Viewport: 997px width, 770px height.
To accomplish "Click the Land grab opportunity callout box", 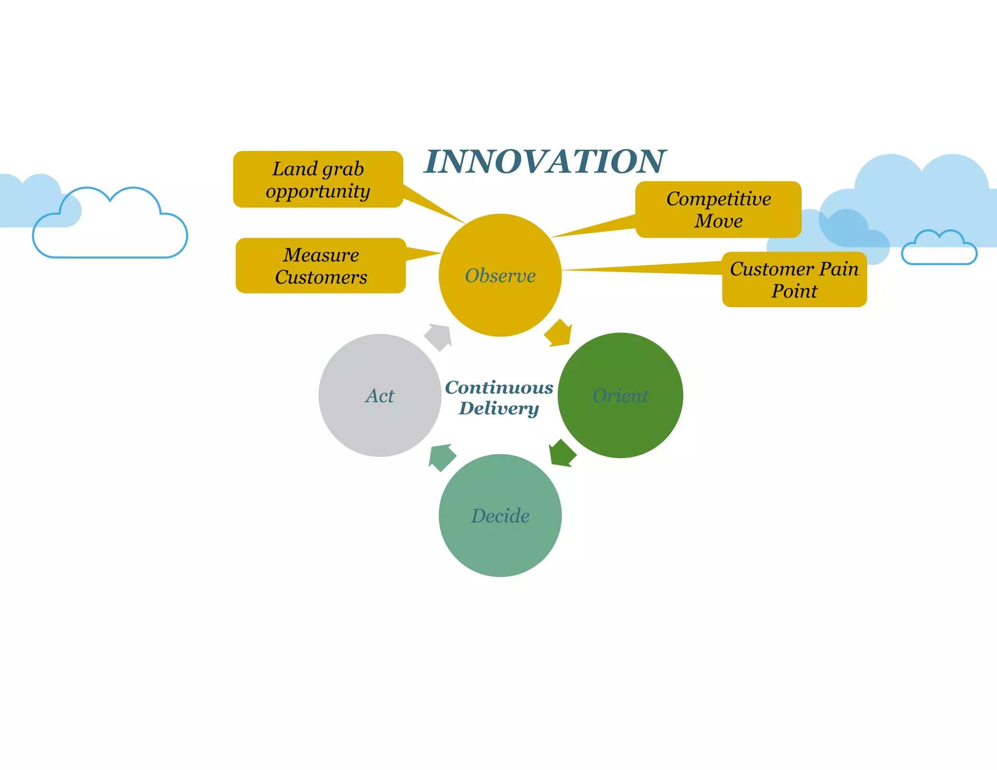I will [318, 180].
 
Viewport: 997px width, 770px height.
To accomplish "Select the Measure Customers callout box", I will [321, 266].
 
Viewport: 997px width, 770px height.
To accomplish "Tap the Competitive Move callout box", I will [718, 210].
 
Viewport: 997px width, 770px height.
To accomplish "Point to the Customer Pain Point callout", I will [794, 280].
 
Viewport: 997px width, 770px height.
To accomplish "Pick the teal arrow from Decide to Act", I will [441, 457].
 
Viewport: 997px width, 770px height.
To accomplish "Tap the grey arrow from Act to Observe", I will [439, 337].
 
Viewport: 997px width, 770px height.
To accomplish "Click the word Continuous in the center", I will [499, 387].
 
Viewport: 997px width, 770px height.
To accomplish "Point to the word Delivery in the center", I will [499, 408].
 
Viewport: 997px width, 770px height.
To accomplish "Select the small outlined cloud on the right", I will [939, 249].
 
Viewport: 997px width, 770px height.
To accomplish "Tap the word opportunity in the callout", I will [318, 191].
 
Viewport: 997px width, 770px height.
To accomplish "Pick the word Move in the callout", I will [718, 221].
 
